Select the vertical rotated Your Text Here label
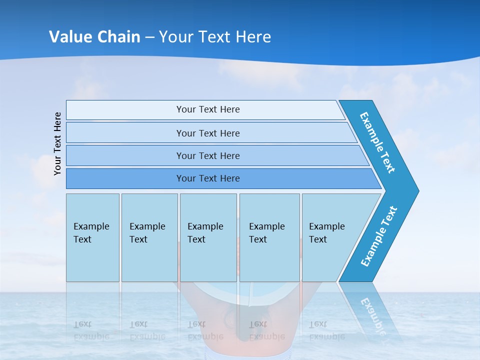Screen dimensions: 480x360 pos(57,144)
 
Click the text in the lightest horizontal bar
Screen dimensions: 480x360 pos(208,109)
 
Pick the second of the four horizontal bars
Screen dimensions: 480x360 pos(211,132)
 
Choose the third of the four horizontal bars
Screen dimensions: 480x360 pos(217,155)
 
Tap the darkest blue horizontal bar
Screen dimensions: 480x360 pos(223,178)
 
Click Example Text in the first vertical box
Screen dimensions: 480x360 pos(91,232)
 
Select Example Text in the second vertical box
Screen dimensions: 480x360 pos(147,232)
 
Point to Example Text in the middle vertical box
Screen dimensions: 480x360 pos(205,232)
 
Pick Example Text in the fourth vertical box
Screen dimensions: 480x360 pos(267,232)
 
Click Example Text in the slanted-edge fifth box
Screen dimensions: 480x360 pos(327,232)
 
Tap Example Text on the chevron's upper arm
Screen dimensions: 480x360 pos(377,142)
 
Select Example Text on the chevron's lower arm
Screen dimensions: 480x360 pos(378,236)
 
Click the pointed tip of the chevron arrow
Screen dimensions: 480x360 pos(419,191)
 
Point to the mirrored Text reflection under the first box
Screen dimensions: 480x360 pos(82,324)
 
